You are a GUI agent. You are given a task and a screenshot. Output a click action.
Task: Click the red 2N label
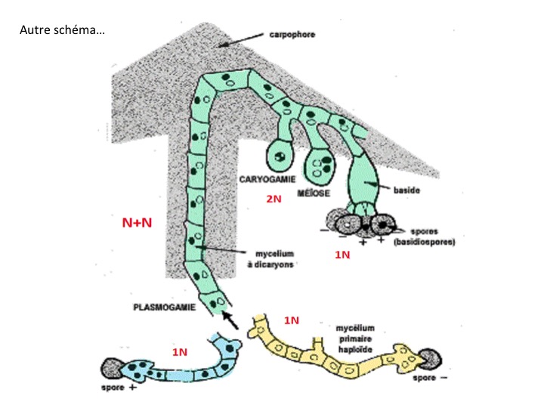pos(274,199)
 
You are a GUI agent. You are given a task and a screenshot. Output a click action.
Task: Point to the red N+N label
pos(138,223)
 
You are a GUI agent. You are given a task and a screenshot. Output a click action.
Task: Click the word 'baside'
pos(406,190)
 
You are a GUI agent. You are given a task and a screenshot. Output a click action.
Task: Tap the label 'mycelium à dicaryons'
pos(270,258)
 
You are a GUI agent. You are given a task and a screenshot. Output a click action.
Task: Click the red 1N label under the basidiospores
pos(343,255)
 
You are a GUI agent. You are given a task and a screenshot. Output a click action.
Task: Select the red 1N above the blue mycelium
pos(179,353)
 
